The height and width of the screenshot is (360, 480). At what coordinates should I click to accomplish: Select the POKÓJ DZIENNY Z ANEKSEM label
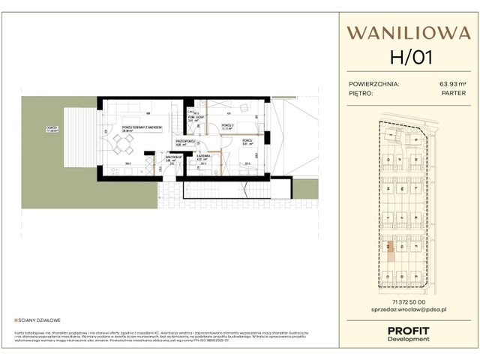click(x=137, y=128)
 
